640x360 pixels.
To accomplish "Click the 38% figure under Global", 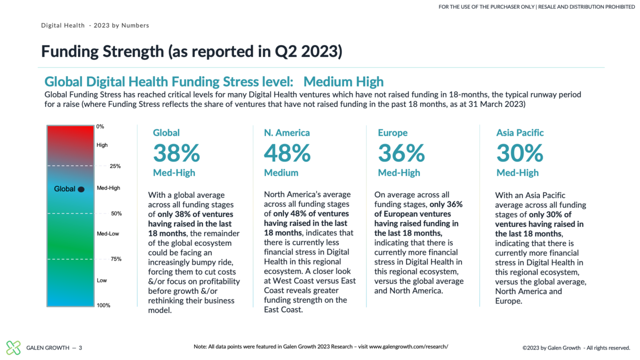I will (x=176, y=153).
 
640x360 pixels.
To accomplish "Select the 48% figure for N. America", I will (x=287, y=153).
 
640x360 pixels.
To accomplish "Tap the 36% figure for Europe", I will (x=401, y=153).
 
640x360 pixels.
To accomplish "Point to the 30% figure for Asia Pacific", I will (x=519, y=153).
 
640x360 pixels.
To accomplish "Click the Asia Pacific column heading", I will (x=520, y=133).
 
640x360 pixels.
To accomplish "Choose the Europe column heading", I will (x=392, y=133).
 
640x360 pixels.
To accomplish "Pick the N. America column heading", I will (x=287, y=133).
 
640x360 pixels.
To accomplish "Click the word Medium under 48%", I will (x=281, y=173).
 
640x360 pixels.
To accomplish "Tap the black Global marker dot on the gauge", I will (x=81, y=189).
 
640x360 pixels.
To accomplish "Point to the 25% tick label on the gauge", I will (x=115, y=166).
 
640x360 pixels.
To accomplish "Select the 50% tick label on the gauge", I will (x=116, y=213).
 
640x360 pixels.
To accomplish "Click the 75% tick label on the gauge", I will (x=116, y=259).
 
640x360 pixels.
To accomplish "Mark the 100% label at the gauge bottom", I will (x=103, y=305).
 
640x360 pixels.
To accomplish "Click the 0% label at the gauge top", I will (x=100, y=127).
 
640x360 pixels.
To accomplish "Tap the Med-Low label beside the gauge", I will (x=107, y=233).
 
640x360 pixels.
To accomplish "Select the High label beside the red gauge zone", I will (x=102, y=145).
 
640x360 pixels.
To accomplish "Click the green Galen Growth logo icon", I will (x=13, y=347).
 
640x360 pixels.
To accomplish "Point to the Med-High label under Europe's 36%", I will (x=399, y=173).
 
